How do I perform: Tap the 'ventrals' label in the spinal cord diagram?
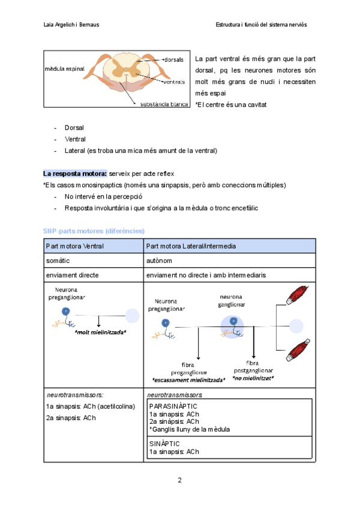pos(173,82)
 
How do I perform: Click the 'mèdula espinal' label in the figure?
pos(65,70)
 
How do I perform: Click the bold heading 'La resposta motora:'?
pos(75,173)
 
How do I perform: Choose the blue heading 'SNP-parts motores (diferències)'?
pos(94,230)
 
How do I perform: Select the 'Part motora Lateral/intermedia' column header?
pos(190,247)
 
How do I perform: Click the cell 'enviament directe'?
pos(72,275)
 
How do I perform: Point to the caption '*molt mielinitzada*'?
pos(100,332)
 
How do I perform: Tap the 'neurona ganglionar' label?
pos(231,300)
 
